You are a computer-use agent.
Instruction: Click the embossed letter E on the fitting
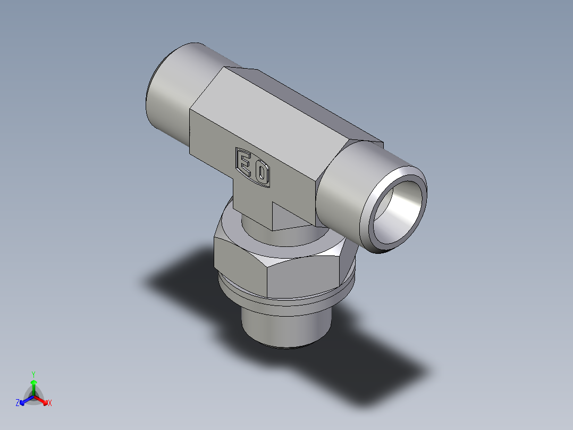pos(244,162)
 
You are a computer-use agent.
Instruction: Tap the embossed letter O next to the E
pos(261,173)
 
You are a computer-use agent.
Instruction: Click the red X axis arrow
pos(43,400)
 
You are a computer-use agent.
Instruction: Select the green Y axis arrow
pos(33,385)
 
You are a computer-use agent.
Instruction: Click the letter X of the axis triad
pos(50,403)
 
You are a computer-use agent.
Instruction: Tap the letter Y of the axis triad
pos(33,374)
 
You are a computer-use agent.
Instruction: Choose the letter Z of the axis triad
pos(18,403)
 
